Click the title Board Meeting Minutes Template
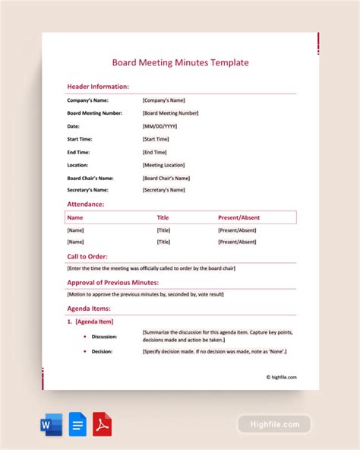point(180,63)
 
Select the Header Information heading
point(98,87)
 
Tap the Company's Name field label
point(87,100)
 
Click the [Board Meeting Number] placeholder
point(170,113)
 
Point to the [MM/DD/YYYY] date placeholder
point(159,126)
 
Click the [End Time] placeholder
point(154,152)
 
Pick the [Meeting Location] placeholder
point(163,165)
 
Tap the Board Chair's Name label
point(92,178)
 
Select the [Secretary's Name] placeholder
point(163,190)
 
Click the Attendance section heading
point(86,204)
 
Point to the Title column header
point(163,217)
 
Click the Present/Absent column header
point(239,217)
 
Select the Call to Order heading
point(88,256)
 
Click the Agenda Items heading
point(89,309)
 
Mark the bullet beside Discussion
point(84,336)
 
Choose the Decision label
point(102,352)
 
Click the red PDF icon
point(102,423)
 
